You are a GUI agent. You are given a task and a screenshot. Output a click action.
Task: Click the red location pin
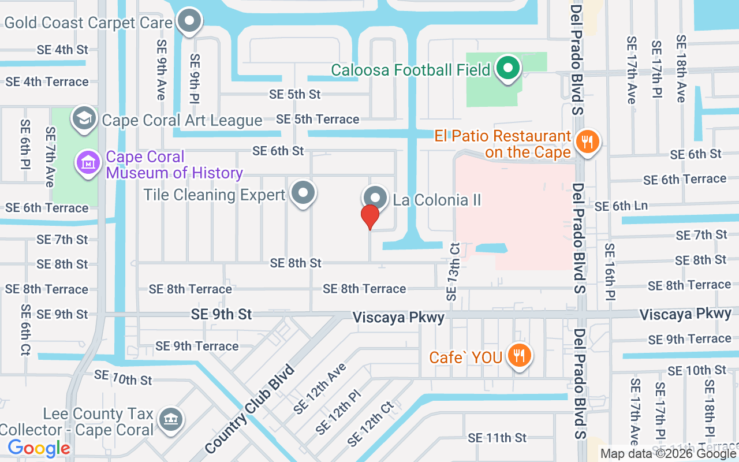click(x=370, y=217)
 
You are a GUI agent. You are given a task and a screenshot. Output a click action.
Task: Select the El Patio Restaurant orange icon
click(x=588, y=140)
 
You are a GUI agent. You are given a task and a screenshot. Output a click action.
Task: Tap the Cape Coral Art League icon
click(x=83, y=118)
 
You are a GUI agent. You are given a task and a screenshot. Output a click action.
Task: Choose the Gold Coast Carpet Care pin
click(x=189, y=22)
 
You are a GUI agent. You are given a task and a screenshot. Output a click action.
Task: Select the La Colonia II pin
click(x=375, y=198)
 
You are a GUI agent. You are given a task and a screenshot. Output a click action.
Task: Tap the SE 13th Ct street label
click(x=453, y=271)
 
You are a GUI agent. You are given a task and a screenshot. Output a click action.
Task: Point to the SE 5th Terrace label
click(x=318, y=119)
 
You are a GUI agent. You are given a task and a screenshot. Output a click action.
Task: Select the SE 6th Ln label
click(x=621, y=206)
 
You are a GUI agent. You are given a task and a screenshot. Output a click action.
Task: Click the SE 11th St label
click(x=497, y=438)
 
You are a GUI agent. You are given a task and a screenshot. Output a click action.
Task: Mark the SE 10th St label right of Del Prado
click(x=697, y=370)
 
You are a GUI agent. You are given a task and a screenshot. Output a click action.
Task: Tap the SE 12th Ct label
click(x=371, y=424)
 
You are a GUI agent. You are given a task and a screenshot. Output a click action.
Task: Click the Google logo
click(x=39, y=448)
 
